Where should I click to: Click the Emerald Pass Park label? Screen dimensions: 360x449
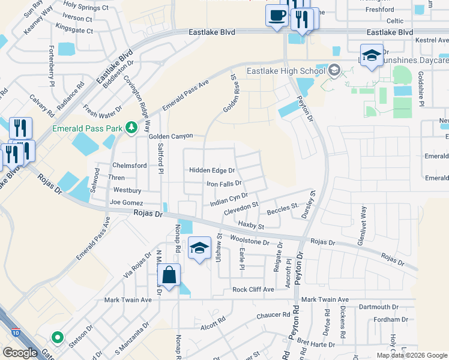tap(88, 128)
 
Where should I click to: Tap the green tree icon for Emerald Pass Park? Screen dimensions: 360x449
tap(130, 127)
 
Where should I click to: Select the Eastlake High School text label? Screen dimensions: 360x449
tap(286, 71)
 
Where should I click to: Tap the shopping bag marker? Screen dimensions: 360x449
tap(170, 275)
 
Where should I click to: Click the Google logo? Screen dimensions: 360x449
tap(20, 353)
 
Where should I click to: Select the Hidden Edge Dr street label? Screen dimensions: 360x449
tap(212, 170)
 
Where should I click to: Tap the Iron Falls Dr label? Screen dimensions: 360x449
tap(224, 184)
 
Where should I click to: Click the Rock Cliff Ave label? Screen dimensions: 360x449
tap(253, 289)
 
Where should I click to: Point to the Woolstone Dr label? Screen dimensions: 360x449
tap(262, 242)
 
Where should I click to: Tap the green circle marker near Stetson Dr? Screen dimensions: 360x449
tap(57, 338)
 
